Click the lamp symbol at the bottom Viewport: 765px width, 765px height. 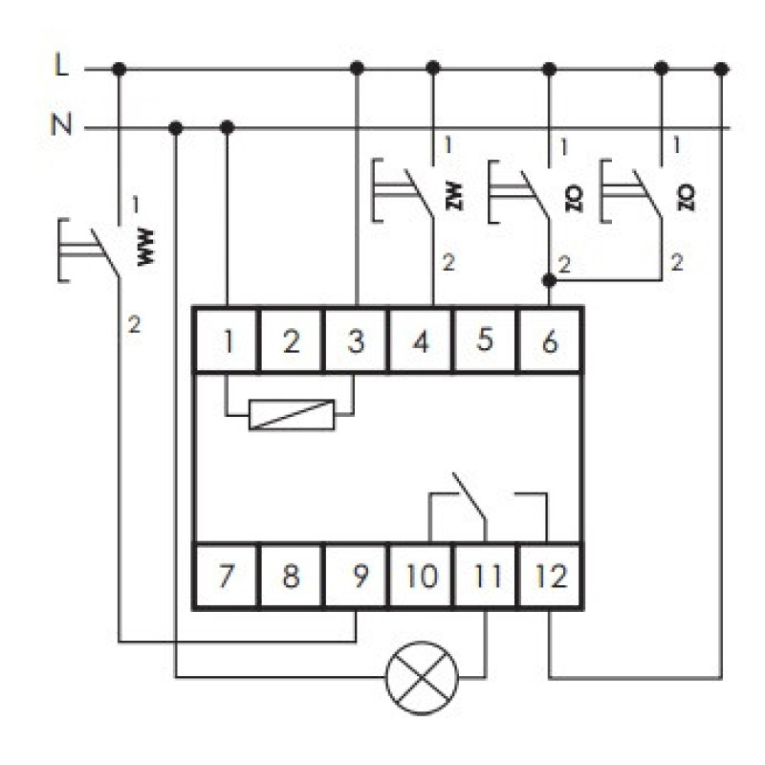422,678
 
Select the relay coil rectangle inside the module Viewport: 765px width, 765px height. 292,415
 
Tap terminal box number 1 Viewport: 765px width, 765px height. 227,340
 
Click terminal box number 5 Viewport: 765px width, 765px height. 485,340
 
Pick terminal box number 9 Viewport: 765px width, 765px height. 356,576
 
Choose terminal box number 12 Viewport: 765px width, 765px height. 551,576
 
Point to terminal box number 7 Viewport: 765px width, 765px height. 227,576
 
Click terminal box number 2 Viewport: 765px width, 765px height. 292,340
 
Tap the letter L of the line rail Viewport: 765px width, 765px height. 61,65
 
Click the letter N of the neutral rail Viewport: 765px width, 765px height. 61,124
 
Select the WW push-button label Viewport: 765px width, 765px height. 146,247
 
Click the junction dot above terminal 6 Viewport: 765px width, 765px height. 549,280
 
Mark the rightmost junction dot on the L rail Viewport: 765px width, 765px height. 722,69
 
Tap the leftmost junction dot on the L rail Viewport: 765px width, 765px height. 119,69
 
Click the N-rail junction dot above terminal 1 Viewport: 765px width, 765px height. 228,128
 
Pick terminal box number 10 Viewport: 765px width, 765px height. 421,576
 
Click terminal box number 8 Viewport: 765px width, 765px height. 292,576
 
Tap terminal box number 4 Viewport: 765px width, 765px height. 421,340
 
